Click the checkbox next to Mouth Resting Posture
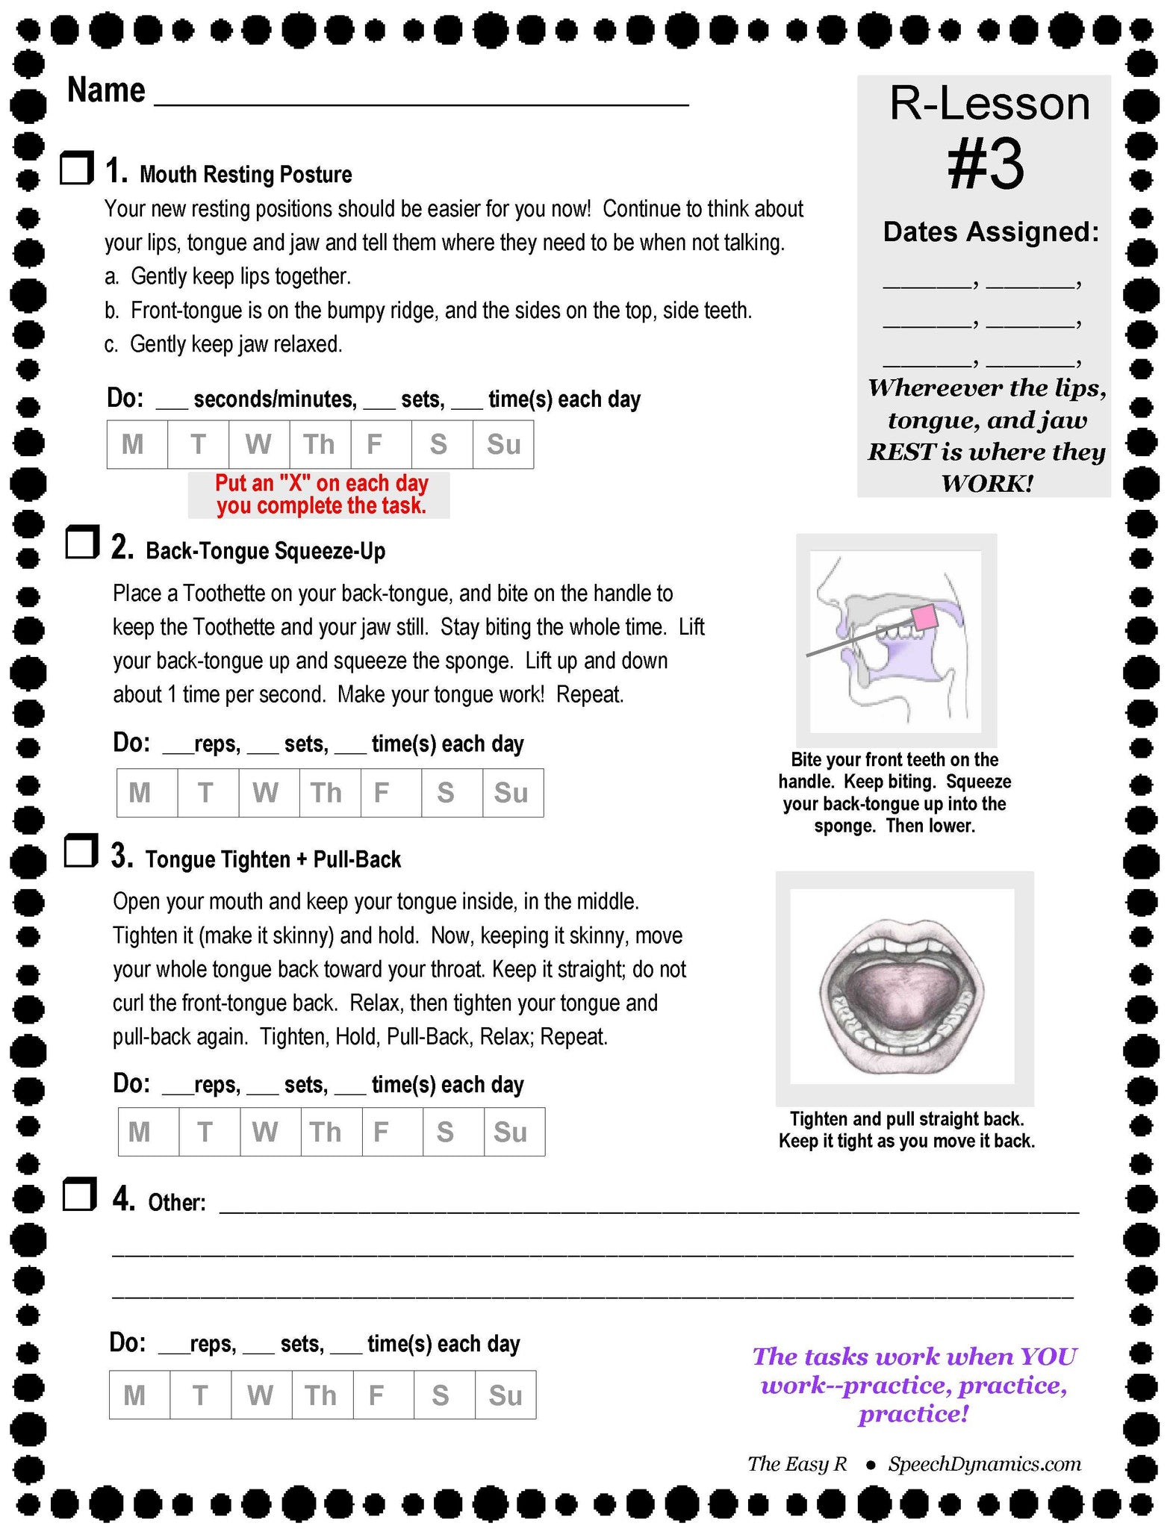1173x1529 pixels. click(x=76, y=168)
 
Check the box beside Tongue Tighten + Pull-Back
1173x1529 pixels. click(x=81, y=852)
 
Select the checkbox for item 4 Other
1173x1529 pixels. click(x=79, y=1195)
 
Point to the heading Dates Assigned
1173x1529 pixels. click(x=991, y=232)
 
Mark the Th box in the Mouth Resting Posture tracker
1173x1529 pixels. click(x=320, y=445)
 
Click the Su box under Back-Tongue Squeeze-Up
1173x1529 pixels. click(x=512, y=793)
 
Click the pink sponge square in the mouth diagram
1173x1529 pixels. click(x=925, y=618)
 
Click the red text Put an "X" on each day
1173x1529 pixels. click(x=321, y=483)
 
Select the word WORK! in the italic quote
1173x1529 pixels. click(x=987, y=484)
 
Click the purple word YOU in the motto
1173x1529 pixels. click(x=1048, y=1357)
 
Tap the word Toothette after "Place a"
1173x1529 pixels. click(x=237, y=594)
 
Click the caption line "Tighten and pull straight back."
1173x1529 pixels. click(x=906, y=1119)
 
